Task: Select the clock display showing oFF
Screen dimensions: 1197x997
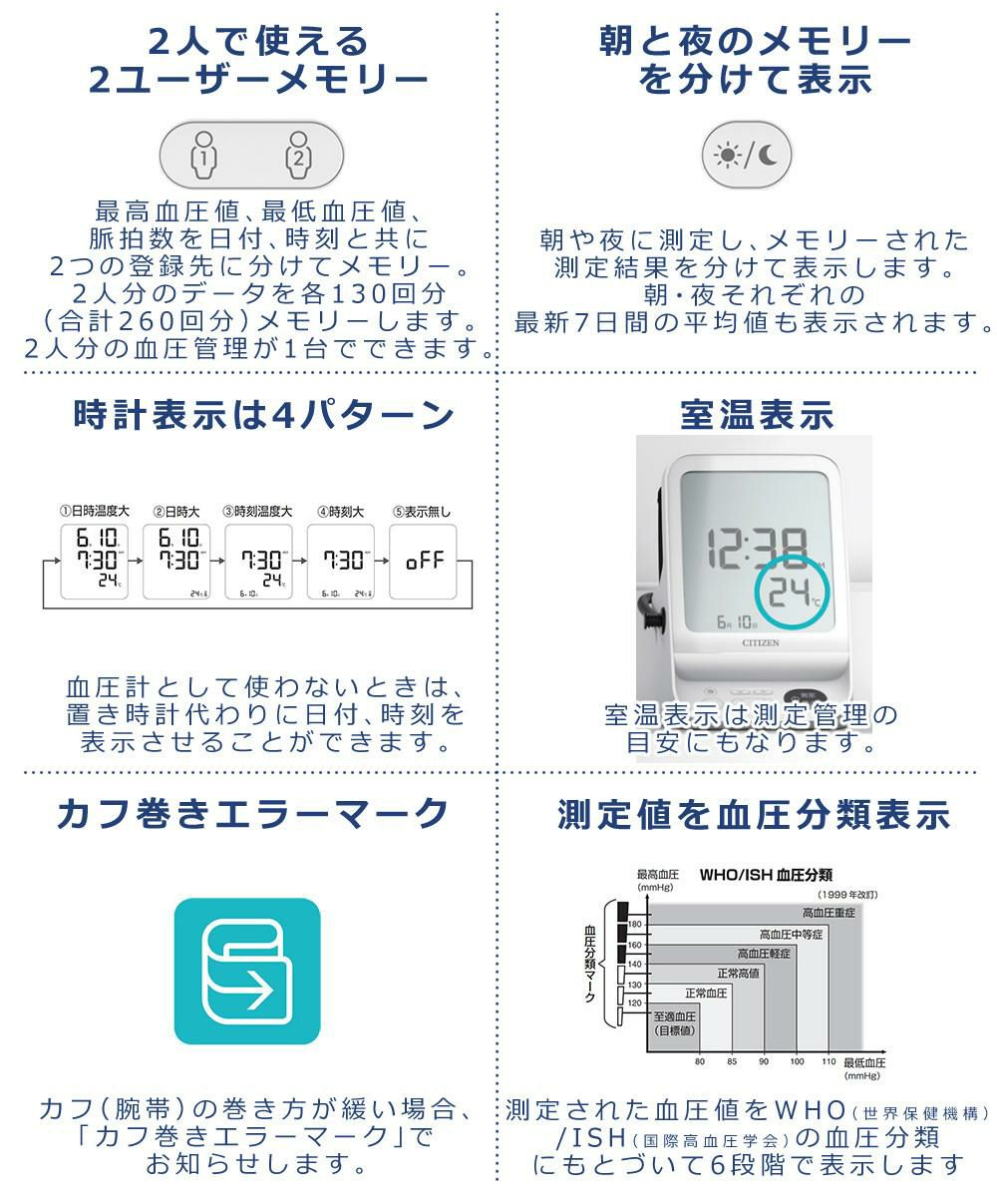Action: coord(429,561)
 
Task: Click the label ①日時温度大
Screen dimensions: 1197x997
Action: coord(94,512)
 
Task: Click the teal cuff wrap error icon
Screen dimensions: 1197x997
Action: coord(247,971)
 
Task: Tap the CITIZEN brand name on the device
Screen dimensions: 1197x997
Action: coord(759,642)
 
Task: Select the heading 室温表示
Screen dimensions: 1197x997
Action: coord(757,415)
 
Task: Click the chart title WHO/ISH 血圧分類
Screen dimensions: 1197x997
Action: coord(766,875)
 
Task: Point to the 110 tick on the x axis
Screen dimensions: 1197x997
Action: coord(828,1061)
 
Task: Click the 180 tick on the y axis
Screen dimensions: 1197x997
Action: coord(634,926)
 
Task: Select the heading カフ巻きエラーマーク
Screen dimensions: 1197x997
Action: coord(252,814)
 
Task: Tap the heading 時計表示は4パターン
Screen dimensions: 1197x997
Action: coord(263,415)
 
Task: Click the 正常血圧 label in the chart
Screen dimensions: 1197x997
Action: coord(706,994)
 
